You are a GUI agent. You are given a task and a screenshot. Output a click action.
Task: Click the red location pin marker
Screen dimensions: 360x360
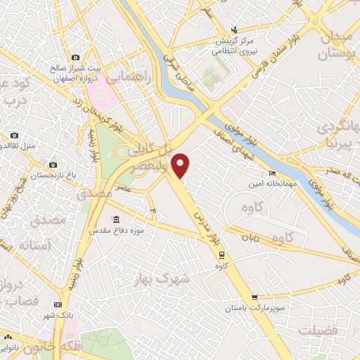pyautogui.click(x=181, y=165)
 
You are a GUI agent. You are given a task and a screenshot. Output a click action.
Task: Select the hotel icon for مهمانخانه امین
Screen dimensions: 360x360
pyautogui.click(x=272, y=174)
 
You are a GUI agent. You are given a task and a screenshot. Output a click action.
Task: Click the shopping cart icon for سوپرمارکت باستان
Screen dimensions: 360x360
pyautogui.click(x=255, y=297)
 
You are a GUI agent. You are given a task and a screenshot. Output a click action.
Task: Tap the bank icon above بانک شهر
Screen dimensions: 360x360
pyautogui.click(x=58, y=304)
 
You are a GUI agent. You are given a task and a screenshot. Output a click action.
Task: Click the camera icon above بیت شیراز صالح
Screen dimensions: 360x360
pyautogui.click(x=76, y=57)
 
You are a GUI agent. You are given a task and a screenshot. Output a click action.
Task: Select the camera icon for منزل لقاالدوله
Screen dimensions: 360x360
pyautogui.click(x=14, y=135)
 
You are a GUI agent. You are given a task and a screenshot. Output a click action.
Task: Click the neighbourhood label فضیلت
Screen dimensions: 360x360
pyautogui.click(x=318, y=330)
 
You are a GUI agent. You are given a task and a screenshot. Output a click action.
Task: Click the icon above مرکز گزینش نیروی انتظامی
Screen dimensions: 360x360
pyautogui.click(x=235, y=30)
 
